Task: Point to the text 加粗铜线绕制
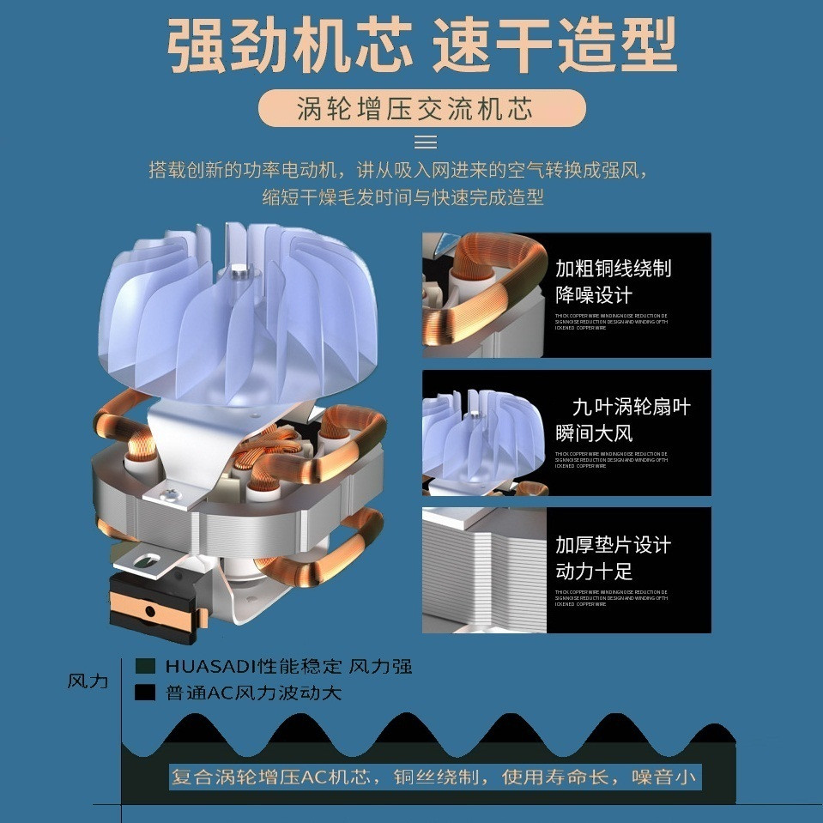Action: coord(613,268)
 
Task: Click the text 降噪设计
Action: coord(594,295)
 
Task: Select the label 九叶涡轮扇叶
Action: coord(631,406)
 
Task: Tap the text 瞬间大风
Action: coord(594,433)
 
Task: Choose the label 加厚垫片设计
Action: coord(613,545)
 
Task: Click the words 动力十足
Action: coord(594,572)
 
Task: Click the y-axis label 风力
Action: coord(88,681)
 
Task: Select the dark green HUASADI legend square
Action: coord(145,666)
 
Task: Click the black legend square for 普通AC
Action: coord(145,692)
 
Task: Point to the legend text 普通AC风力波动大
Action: coord(253,693)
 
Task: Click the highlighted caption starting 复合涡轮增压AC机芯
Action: coord(435,778)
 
